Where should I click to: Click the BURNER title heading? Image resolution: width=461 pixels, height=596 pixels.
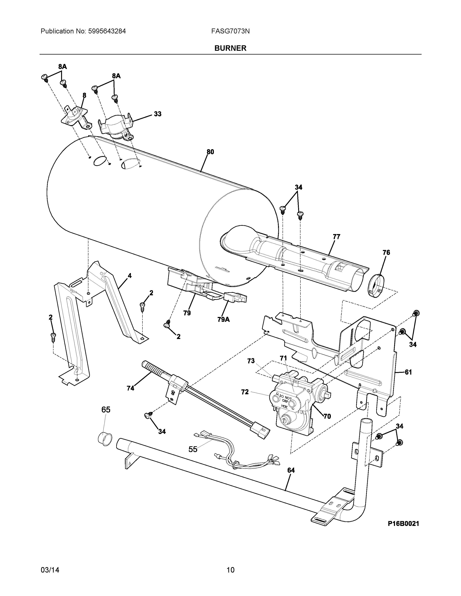point(230,48)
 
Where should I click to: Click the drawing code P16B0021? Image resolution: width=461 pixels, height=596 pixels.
point(403,524)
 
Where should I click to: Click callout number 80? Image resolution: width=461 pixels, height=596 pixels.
point(210,152)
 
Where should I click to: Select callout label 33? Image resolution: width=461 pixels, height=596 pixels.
point(158,114)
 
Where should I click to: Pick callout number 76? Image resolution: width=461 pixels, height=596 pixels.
point(386,253)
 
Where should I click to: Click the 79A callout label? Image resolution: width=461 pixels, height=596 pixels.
point(223,319)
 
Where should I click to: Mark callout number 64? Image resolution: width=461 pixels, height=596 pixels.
point(291,470)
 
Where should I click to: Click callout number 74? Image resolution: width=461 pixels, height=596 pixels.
point(131,388)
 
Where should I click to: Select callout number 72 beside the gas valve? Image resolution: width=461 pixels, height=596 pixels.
point(245,392)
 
